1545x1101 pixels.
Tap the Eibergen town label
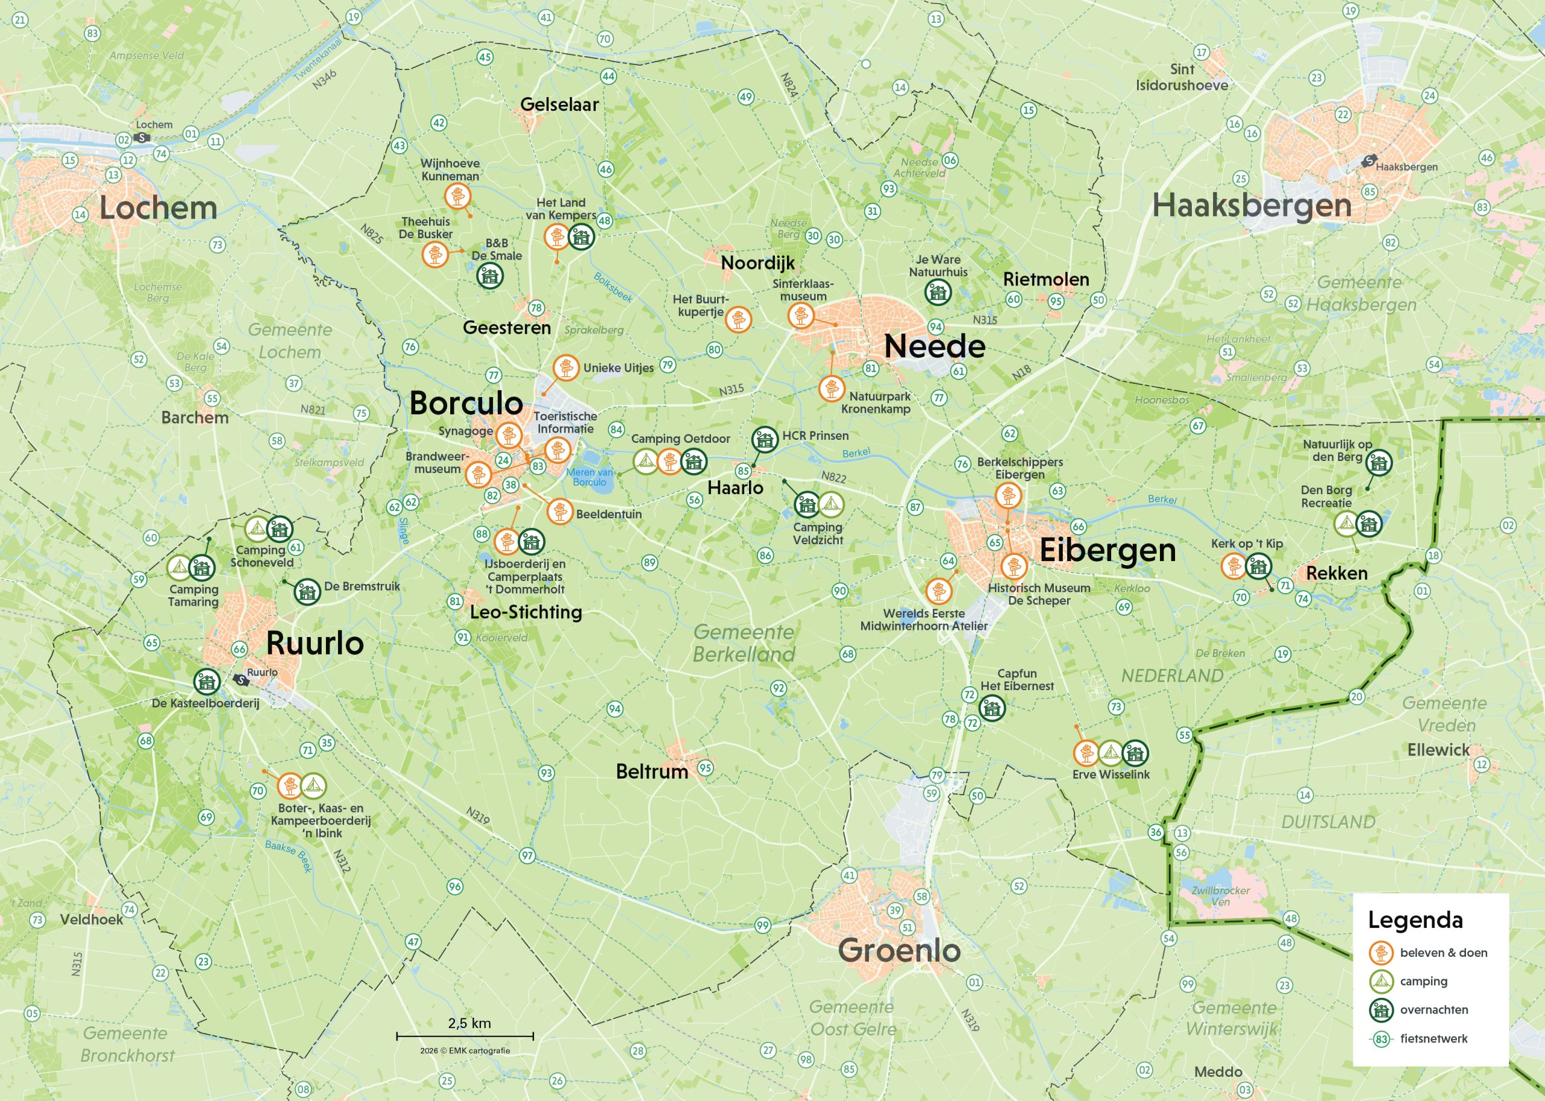(1107, 550)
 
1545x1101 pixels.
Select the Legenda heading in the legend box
(1415, 920)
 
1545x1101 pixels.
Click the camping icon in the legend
(1381, 981)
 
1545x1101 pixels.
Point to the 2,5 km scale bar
(465, 1036)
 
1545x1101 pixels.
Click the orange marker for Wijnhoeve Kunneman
(457, 197)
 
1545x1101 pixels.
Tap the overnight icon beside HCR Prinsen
(765, 439)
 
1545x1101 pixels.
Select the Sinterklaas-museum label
(803, 290)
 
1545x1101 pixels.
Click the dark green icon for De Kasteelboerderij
(206, 681)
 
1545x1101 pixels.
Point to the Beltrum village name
(652, 772)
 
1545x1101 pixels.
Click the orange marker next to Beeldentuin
(560, 511)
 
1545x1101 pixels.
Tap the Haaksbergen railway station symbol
(1369, 161)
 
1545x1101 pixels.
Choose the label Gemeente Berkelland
(744, 643)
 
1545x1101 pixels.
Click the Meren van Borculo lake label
(590, 477)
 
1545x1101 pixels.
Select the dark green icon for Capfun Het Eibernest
(992, 708)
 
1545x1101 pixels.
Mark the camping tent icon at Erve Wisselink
(1110, 752)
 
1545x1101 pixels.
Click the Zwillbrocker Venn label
(1221, 895)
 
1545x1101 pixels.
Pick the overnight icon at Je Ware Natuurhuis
(938, 292)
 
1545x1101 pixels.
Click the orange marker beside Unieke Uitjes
(565, 367)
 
